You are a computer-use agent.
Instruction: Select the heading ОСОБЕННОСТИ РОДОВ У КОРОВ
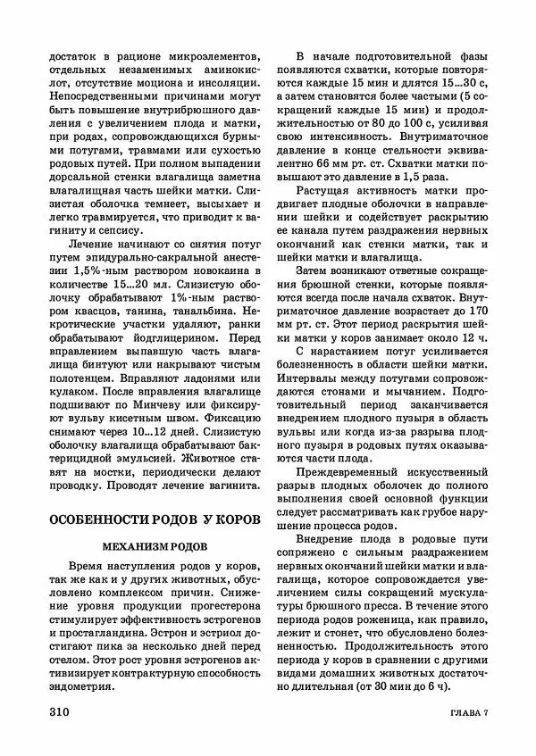154,519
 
